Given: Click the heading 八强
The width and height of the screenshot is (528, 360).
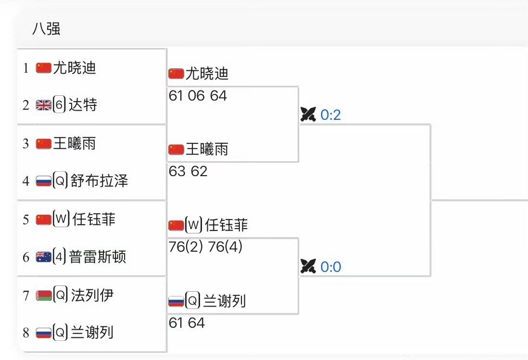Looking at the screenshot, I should pos(46,29).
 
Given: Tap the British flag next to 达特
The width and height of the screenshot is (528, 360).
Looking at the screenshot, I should pos(44,105).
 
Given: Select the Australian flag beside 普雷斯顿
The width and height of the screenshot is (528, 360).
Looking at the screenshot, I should pos(44,257).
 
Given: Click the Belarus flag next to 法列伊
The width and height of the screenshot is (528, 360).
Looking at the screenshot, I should pos(44,295).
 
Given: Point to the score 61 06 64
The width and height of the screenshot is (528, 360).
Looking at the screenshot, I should pos(198,96).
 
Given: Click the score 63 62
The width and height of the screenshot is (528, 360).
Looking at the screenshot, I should pos(188,171).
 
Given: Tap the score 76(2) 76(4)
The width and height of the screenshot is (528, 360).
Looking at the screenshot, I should pos(206,247).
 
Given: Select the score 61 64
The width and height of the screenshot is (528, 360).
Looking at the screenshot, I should pos(187,323).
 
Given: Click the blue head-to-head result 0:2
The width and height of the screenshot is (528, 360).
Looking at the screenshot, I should pos(330,115).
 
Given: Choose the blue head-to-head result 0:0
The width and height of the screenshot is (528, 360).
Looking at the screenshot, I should pos(330,267).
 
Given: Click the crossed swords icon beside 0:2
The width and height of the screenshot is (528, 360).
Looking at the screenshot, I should pos(308,115).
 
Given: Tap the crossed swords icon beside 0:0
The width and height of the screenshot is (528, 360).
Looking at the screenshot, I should pos(308,266).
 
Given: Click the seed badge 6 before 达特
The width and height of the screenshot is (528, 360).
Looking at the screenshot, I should pos(59,105).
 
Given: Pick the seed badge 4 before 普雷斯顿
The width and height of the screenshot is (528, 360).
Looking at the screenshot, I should pos(59,257).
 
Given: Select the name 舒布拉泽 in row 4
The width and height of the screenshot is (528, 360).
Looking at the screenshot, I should pos(99,181).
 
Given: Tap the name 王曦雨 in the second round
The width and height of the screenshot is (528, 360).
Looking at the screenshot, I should pos(207,150).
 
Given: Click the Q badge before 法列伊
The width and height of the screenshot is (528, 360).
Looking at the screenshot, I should pos(60,295).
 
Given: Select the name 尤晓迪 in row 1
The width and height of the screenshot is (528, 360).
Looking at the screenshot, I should pos(75,67).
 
